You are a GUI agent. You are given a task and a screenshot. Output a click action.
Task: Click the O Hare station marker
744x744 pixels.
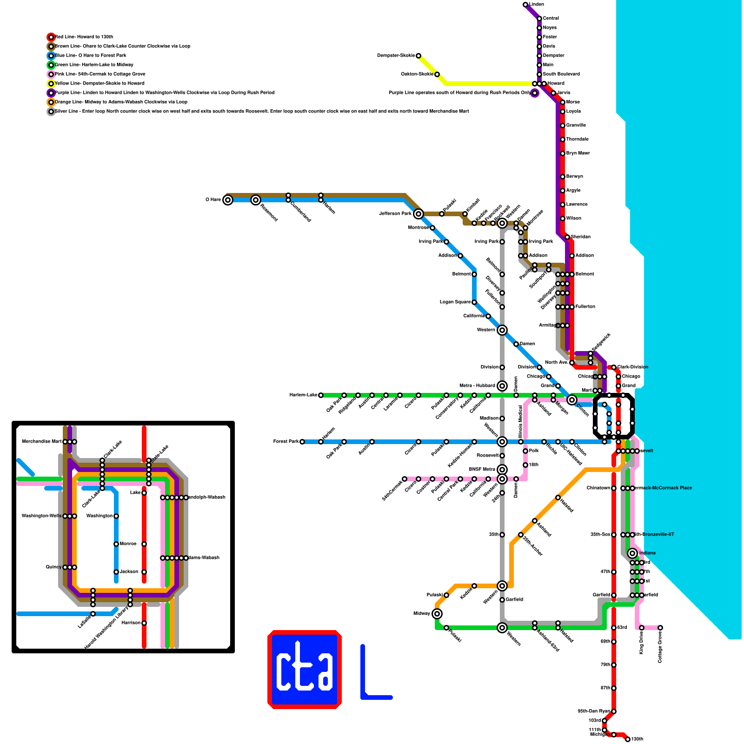pos(227,200)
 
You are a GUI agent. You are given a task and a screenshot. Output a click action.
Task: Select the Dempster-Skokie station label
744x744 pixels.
pos(396,56)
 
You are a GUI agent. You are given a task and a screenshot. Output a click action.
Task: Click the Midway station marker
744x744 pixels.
pos(437,614)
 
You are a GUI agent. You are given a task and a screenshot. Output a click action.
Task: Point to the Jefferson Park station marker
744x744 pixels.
pos(418,214)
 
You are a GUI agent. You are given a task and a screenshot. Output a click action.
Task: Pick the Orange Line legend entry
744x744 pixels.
pos(121,102)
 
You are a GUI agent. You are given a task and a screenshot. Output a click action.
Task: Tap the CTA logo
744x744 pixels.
pos(305,670)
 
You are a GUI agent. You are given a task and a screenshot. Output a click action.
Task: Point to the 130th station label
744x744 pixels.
pos(637,739)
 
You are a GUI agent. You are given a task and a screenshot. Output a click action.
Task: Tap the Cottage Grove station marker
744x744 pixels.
pos(660,628)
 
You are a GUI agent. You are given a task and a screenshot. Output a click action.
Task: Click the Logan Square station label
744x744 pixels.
pos(455,302)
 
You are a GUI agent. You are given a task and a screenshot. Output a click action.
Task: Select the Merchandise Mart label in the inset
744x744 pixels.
pos(41,442)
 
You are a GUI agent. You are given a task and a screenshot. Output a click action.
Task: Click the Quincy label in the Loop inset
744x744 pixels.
pos(53,567)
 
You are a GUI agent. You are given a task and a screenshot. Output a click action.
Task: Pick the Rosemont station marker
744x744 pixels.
pos(255,200)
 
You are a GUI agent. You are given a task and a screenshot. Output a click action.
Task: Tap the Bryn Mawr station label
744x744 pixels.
pos(578,153)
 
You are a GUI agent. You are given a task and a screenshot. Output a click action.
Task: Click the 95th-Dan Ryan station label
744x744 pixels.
pos(593,711)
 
